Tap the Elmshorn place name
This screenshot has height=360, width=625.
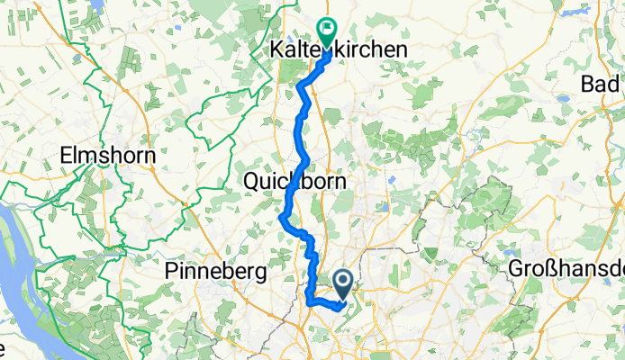(107, 155)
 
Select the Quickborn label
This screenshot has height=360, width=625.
(295, 181)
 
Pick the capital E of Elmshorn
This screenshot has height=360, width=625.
(65, 155)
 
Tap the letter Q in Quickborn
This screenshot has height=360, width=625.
(252, 181)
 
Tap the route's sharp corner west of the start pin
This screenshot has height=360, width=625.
(310, 301)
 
